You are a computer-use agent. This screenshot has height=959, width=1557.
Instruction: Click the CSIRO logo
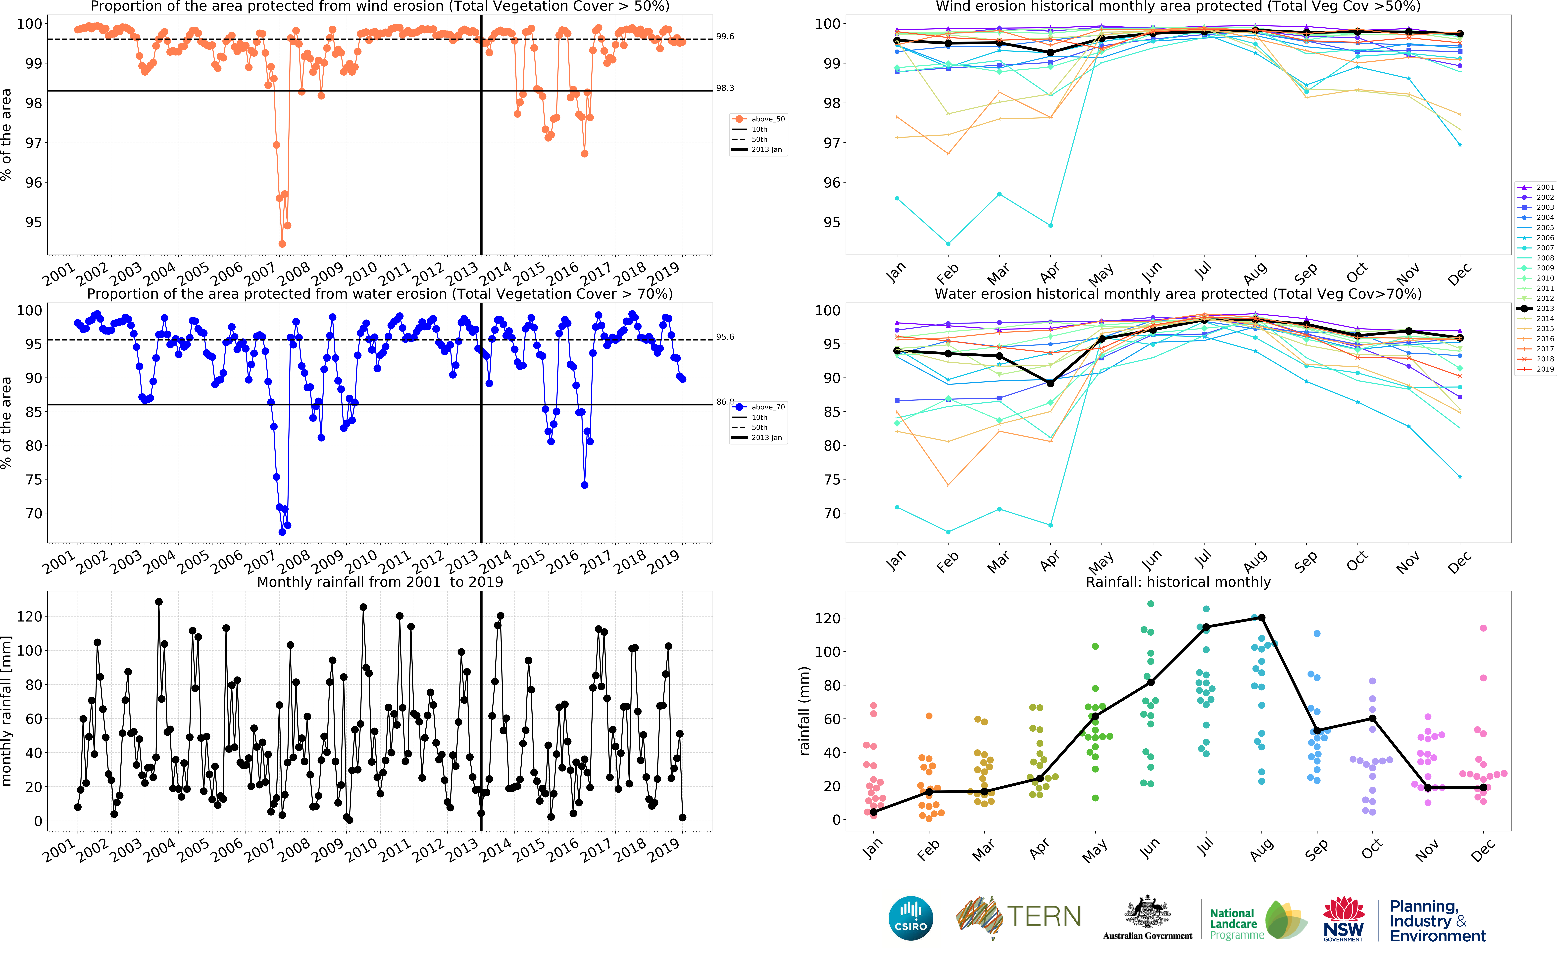[x=911, y=918]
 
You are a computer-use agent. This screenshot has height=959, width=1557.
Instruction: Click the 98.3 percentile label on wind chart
[x=725, y=88]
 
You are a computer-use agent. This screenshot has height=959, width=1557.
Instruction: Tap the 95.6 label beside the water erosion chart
[x=725, y=337]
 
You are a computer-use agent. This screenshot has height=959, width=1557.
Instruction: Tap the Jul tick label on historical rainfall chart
[x=1205, y=845]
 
